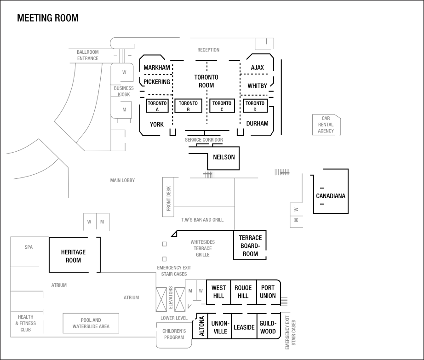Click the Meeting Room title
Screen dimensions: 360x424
(x=48, y=18)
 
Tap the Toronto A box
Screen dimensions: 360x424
(x=157, y=106)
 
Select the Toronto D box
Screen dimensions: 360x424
(x=255, y=106)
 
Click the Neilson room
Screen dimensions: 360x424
(x=223, y=157)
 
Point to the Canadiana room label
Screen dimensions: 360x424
(x=331, y=196)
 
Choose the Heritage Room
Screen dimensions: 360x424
(x=74, y=256)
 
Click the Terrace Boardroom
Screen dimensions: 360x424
(x=250, y=246)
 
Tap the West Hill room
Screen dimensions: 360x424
(x=218, y=291)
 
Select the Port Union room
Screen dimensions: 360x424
(x=268, y=291)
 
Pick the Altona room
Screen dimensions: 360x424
(x=201, y=326)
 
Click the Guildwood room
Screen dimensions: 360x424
(x=268, y=327)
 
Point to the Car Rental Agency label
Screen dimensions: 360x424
(x=326, y=125)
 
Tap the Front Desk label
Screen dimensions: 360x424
(x=168, y=199)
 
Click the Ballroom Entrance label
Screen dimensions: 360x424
(x=87, y=55)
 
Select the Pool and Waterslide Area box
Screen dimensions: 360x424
(x=91, y=323)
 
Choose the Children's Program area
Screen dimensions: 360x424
(x=174, y=334)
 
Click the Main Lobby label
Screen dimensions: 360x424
(x=122, y=181)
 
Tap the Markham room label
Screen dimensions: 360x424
(x=156, y=68)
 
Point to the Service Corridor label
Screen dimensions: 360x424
(x=204, y=140)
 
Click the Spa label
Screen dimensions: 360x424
(x=29, y=247)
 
